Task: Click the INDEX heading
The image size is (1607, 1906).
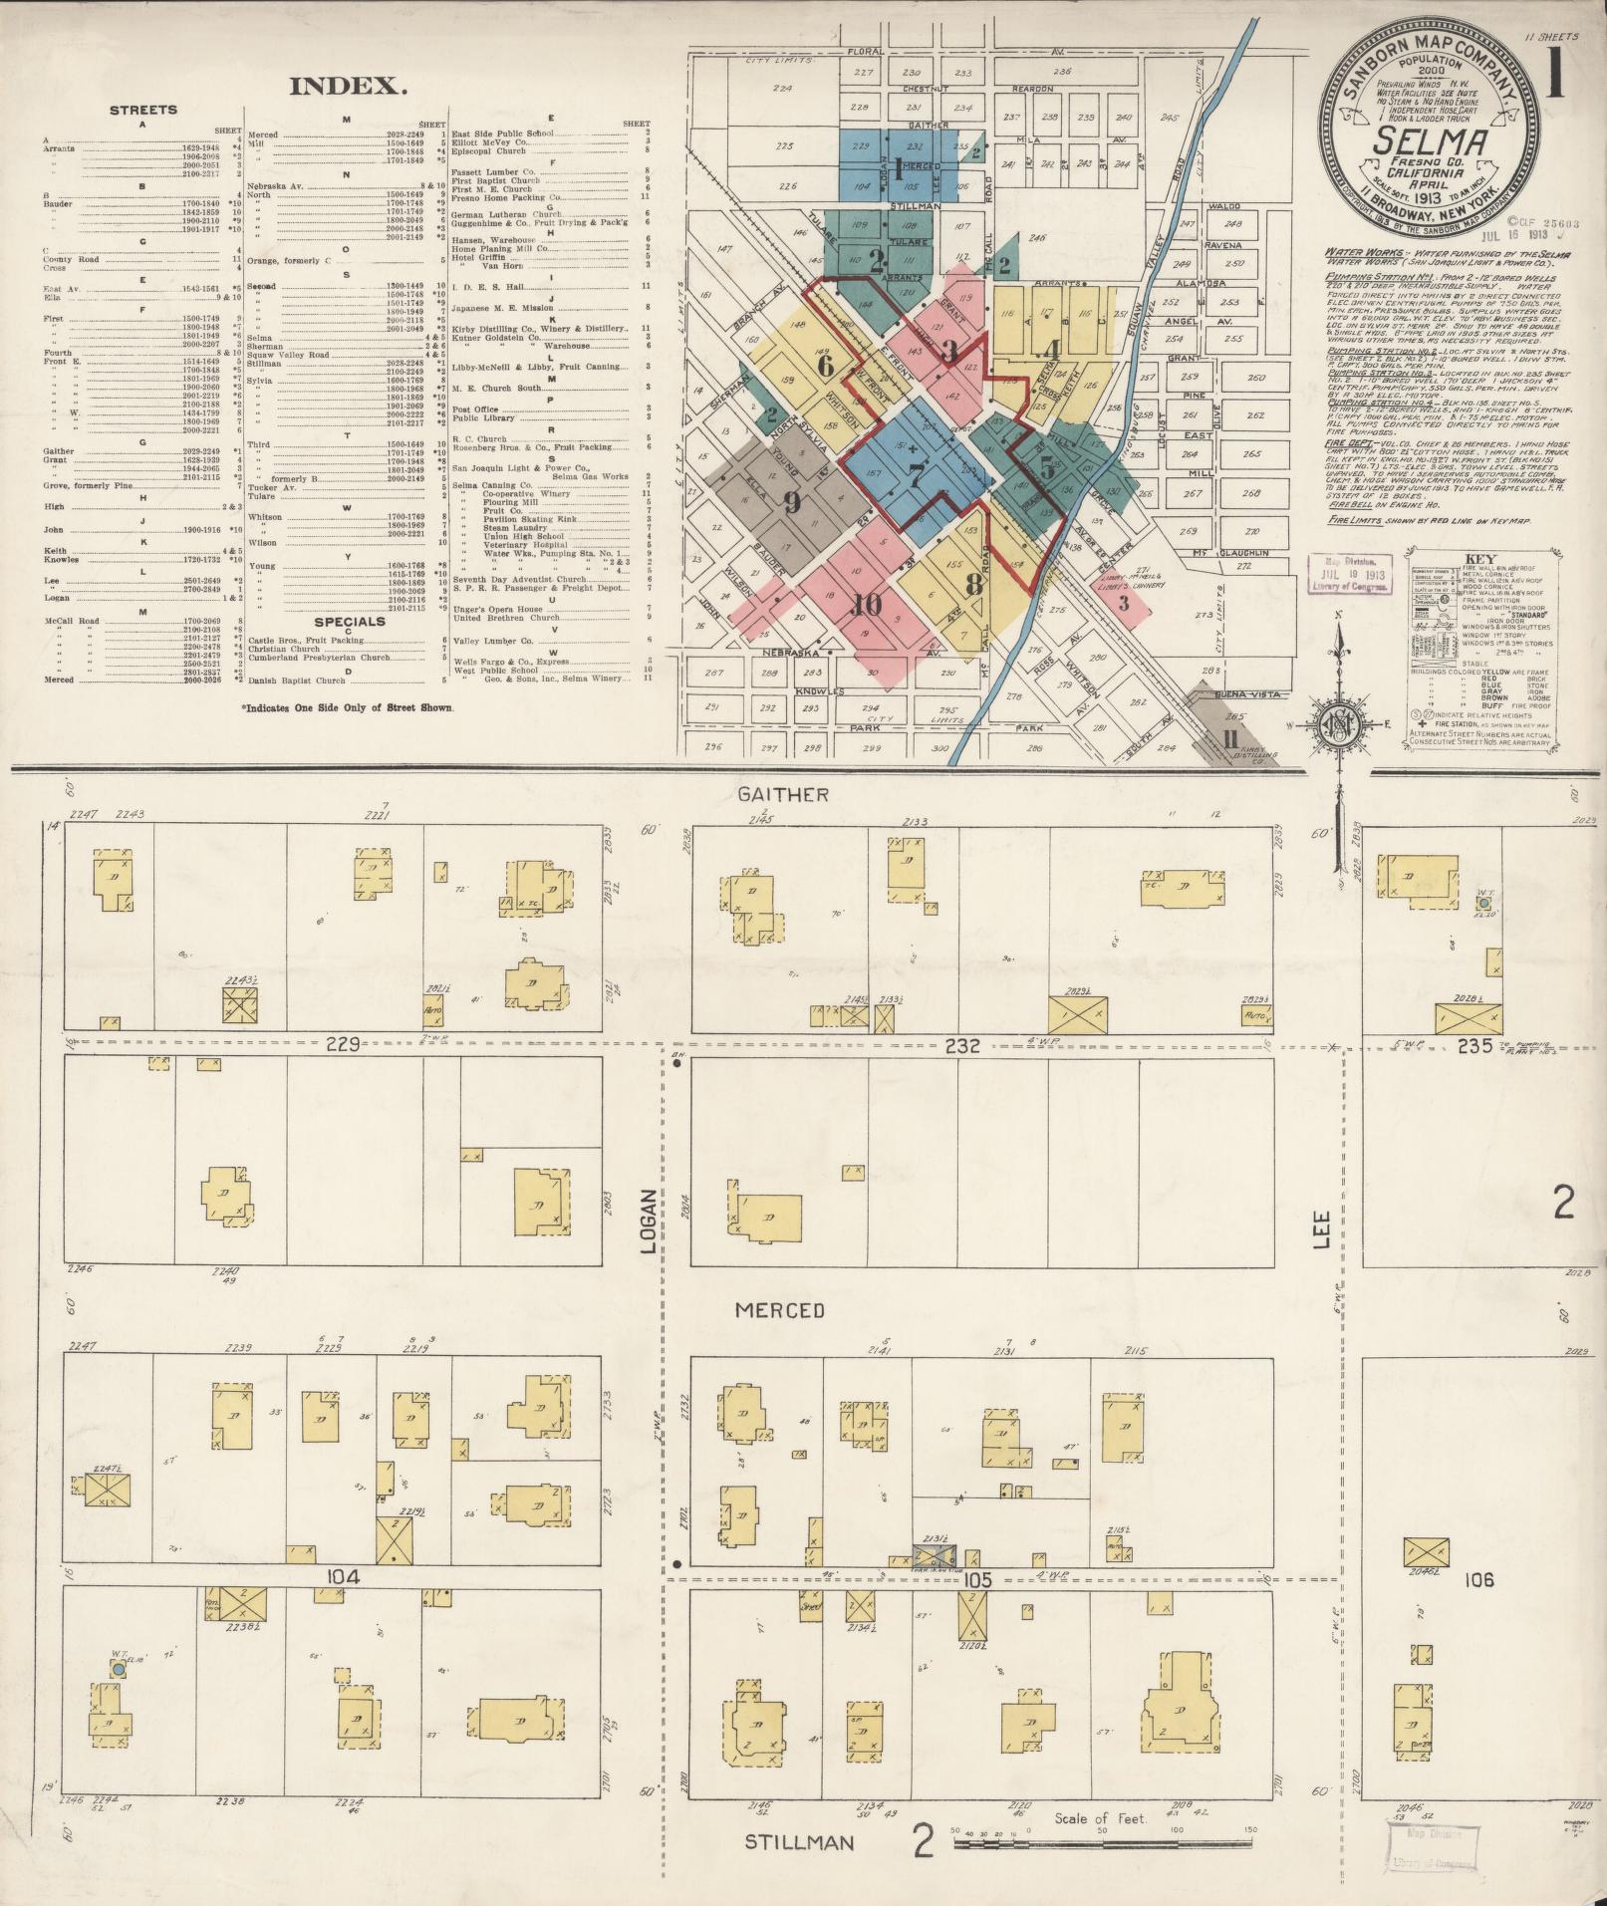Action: point(348,86)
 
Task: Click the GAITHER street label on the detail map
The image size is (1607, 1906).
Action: point(784,794)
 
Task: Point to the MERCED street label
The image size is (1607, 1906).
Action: point(780,1309)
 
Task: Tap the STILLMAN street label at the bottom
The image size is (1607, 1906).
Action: point(799,1842)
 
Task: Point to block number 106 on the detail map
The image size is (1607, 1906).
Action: point(1481,1580)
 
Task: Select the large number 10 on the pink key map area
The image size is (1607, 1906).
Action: point(868,603)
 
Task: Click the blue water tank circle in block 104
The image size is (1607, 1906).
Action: point(119,1668)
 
